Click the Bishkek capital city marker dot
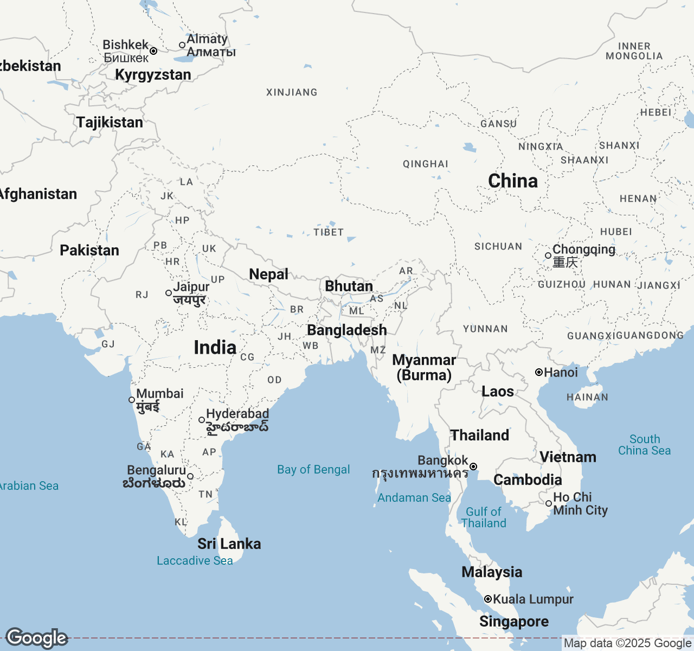point(153,51)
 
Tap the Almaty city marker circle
point(182,45)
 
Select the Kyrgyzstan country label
point(153,75)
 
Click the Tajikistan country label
point(110,123)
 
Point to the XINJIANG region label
point(292,93)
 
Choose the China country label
point(513,181)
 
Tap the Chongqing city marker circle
point(548,255)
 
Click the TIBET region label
point(329,233)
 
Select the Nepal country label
point(268,275)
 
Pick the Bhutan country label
point(349,286)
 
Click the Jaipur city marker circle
point(169,293)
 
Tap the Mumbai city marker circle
point(132,400)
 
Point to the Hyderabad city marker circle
point(202,420)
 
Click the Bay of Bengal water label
point(313,470)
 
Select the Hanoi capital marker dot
point(539,372)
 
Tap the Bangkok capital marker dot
point(473,467)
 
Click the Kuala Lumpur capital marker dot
point(488,599)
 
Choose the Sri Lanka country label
point(229,544)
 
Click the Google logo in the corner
point(36,639)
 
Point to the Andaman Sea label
point(414,498)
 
